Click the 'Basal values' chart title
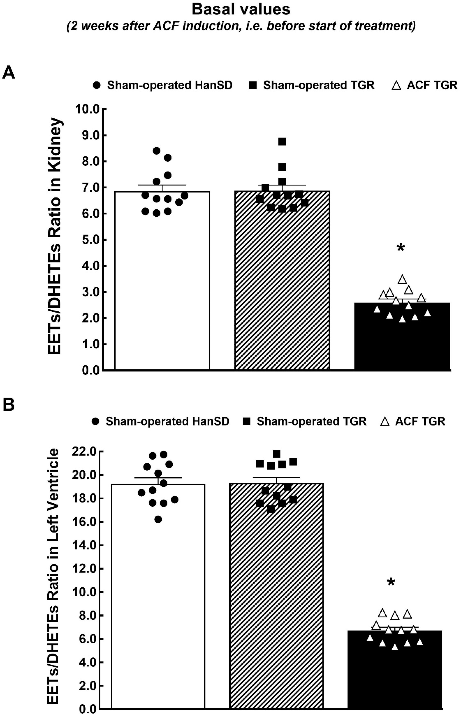[241, 10]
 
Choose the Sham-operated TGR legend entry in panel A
[312, 86]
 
